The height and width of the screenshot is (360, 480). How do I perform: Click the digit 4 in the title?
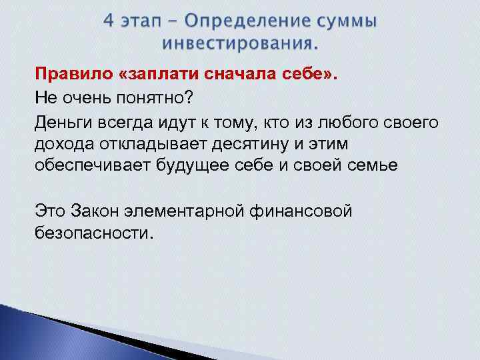109,22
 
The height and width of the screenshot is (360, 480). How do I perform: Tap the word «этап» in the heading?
141,23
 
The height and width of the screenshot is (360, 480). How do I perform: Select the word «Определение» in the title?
248,23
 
